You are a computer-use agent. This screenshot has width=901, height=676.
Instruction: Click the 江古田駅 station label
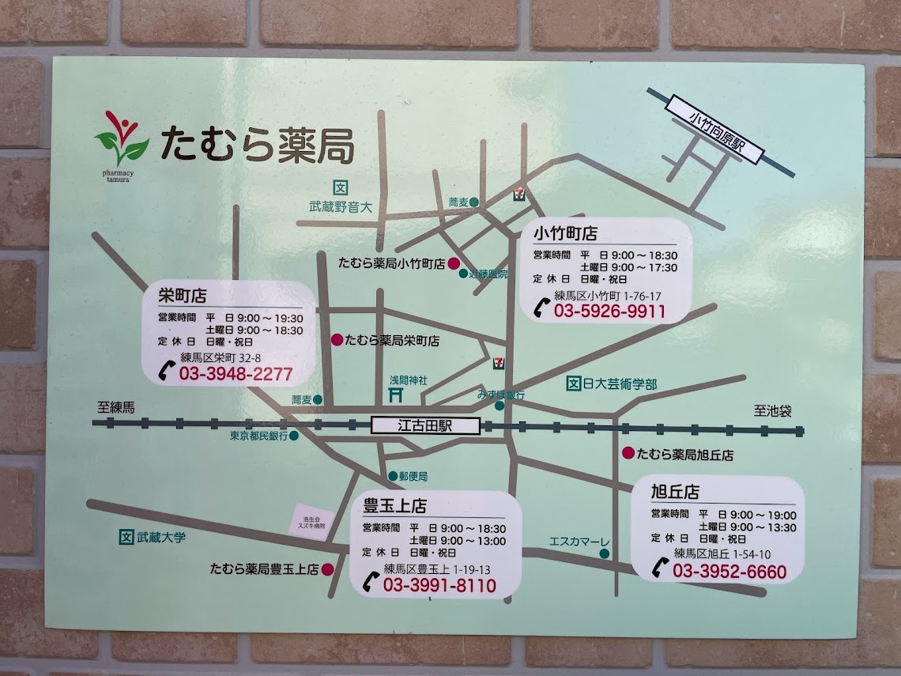click(x=425, y=425)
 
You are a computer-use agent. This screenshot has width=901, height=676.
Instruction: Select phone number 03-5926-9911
click(x=609, y=312)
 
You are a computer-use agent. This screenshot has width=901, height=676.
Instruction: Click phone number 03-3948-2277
click(x=236, y=374)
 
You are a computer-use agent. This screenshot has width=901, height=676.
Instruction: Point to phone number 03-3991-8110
click(x=439, y=586)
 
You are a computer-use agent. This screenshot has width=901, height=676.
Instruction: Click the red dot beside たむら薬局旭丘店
click(x=628, y=453)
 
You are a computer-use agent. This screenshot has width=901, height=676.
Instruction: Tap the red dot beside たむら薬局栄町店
click(x=337, y=340)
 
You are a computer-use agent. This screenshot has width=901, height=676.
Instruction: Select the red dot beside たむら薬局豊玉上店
click(x=327, y=568)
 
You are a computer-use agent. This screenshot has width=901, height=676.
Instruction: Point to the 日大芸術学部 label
click(x=620, y=384)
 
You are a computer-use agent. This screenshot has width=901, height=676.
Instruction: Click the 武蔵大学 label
click(x=160, y=537)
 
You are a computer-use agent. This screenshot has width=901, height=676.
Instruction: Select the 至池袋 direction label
click(x=772, y=411)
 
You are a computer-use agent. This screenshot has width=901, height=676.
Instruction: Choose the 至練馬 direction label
click(x=116, y=408)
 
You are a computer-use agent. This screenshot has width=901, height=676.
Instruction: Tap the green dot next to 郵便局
click(x=393, y=477)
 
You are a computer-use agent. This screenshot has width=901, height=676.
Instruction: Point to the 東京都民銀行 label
click(x=258, y=436)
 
